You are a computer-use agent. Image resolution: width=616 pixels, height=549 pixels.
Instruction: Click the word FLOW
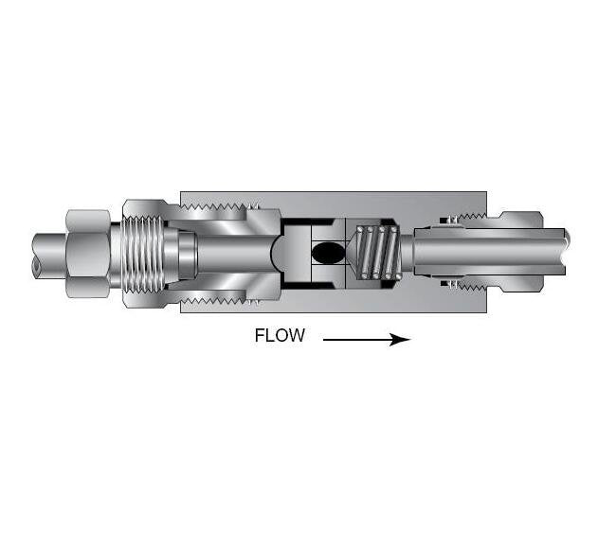tap(280, 336)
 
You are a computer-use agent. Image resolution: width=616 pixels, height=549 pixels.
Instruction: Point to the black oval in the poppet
tap(328, 253)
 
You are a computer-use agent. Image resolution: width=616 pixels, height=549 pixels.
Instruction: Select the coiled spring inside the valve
tap(379, 253)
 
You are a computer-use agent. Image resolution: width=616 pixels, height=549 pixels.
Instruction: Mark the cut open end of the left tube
tap(35, 265)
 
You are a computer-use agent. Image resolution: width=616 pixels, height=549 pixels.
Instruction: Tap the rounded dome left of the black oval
tap(279, 253)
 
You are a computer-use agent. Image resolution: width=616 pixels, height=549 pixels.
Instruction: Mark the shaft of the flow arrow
tap(355, 339)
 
